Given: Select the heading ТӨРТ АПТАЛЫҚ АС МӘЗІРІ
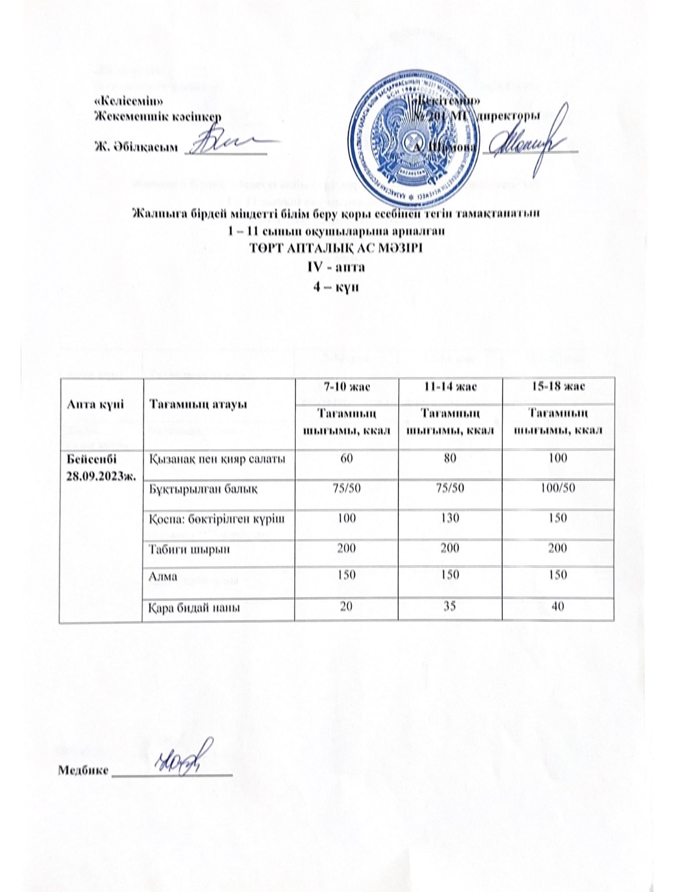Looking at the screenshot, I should [x=335, y=247].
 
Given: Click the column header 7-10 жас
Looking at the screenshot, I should [x=346, y=387].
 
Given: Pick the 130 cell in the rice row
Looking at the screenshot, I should [x=449, y=518].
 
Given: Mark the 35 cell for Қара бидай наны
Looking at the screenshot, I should [x=449, y=606].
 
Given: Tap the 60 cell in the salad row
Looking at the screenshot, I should [x=346, y=458].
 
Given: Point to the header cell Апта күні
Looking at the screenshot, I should [x=88, y=403].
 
